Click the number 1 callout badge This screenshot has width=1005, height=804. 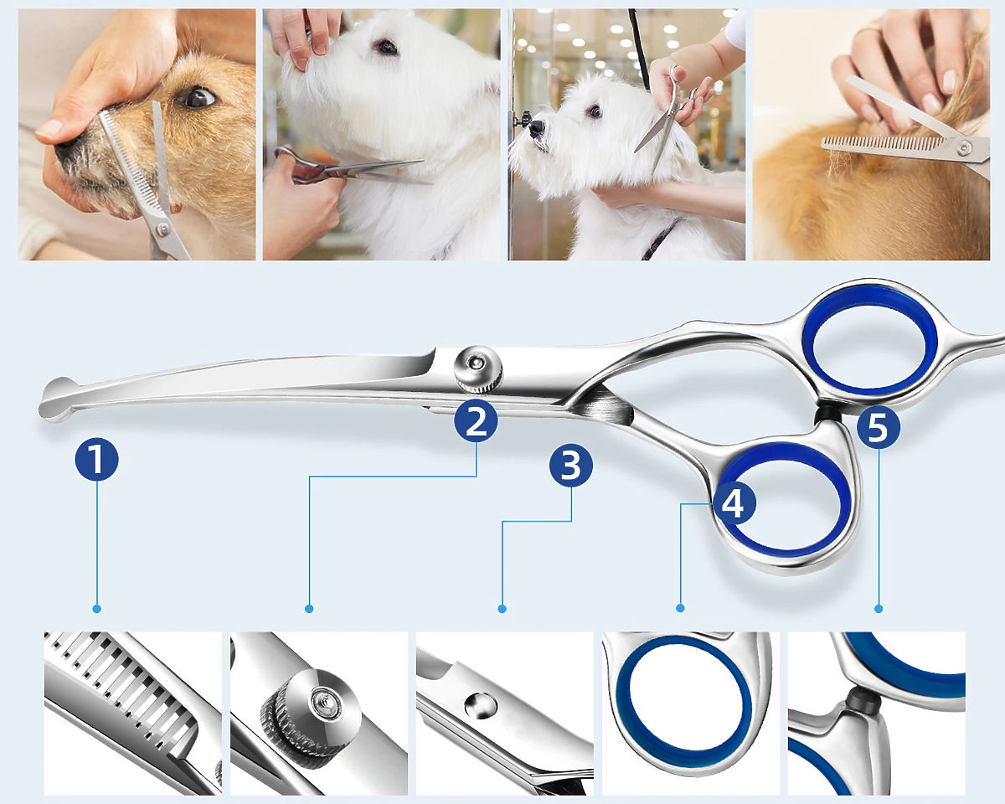pos(96,459)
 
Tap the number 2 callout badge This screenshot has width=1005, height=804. pos(476,421)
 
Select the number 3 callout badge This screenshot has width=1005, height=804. pos(570,466)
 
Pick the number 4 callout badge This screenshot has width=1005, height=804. pos(734,503)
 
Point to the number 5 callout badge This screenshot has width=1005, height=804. pos(878,427)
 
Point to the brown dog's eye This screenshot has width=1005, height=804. pos(199,96)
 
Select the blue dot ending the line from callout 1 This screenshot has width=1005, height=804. pos(96,608)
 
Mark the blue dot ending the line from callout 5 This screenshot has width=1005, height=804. pos(879,608)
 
